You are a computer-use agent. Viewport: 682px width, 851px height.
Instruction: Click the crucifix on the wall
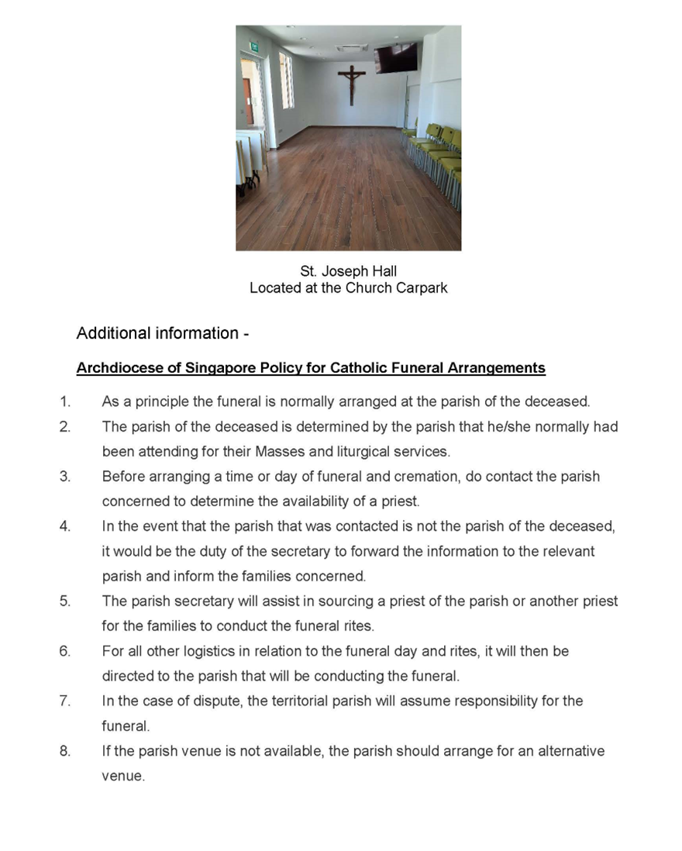point(351,84)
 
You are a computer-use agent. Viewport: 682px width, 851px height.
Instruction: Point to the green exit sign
point(253,47)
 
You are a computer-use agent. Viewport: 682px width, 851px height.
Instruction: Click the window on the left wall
point(286,80)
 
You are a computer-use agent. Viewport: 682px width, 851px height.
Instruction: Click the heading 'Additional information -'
point(163,333)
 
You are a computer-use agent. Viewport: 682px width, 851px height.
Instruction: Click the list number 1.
point(65,401)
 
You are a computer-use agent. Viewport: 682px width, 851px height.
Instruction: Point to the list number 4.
point(65,526)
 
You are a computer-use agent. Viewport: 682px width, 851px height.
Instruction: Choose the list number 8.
point(65,751)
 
